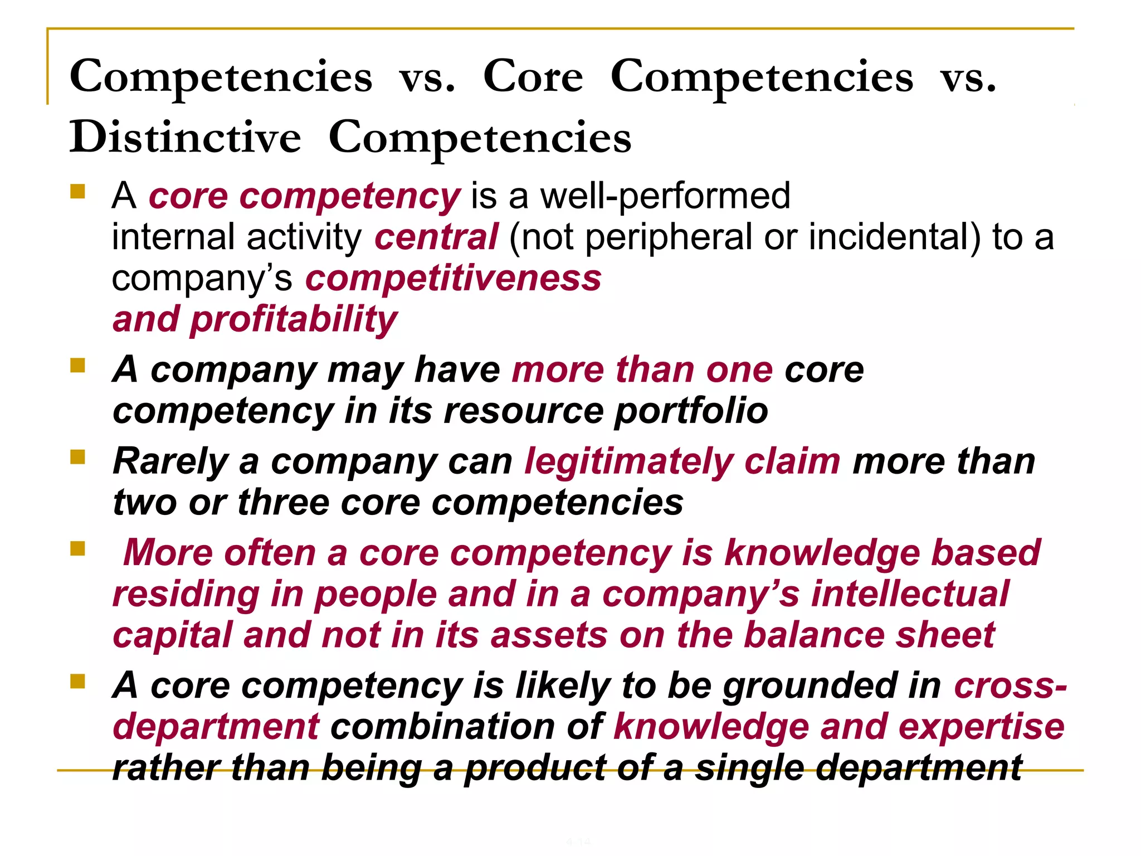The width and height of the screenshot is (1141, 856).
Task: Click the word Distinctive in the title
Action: pyautogui.click(x=185, y=137)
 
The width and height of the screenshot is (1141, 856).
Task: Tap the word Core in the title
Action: pyautogui.click(x=533, y=76)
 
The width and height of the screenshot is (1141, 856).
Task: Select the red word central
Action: pyautogui.click(x=436, y=237)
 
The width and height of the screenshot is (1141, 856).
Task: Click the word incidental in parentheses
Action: pyautogui.click(x=894, y=237)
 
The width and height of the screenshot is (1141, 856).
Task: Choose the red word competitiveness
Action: pyautogui.click(x=454, y=278)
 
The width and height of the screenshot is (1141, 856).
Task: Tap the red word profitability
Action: pyautogui.click(x=294, y=320)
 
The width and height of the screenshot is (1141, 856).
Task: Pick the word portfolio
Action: pyautogui.click(x=691, y=411)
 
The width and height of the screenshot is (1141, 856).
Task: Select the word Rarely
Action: pyautogui.click(x=170, y=462)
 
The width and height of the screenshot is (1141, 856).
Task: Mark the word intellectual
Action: pyautogui.click(x=910, y=594)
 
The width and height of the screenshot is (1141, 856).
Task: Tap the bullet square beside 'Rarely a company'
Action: pyautogui.click(x=77, y=458)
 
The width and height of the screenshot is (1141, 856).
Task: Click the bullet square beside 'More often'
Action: pyautogui.click(x=77, y=549)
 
